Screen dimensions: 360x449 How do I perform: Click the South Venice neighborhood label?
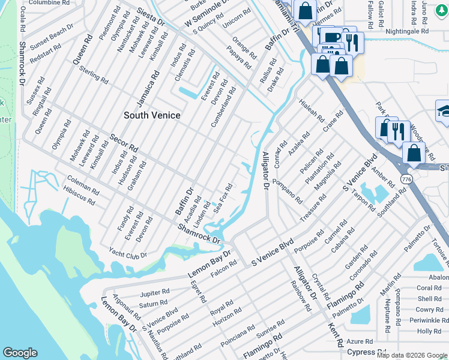tap(152, 115)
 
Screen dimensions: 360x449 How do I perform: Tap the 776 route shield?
tap(406, 179)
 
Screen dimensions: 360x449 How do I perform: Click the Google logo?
tap(20, 353)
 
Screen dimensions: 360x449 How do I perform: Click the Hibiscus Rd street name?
tap(79, 196)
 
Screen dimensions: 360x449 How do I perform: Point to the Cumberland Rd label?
tap(223, 107)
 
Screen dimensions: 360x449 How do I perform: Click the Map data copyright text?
tap(412, 355)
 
